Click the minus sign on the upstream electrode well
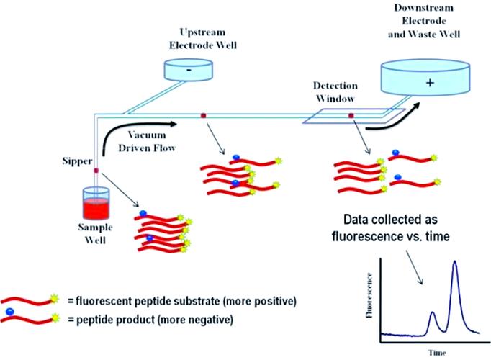[189, 71]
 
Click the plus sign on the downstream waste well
[431, 82]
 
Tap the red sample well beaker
[96, 204]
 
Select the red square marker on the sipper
[96, 171]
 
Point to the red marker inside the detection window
[351, 116]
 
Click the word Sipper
[77, 161]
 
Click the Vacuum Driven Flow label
[147, 141]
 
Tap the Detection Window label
[335, 92]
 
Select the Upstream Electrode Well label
[203, 38]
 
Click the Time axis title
[437, 353]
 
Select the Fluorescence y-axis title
[369, 295]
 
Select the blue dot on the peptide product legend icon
[10, 312]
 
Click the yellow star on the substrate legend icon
[55, 298]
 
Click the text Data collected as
[390, 220]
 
